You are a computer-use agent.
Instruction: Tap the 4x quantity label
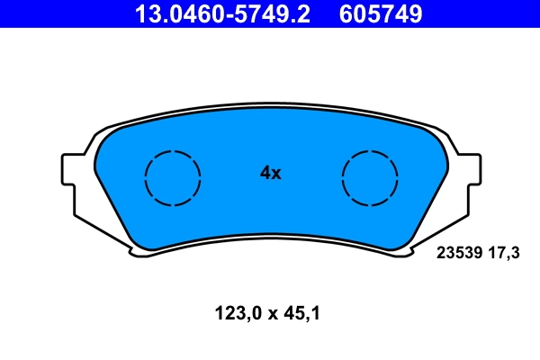270,173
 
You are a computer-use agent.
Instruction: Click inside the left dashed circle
173,176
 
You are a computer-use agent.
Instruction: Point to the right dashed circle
370,176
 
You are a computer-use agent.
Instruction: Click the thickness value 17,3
503,254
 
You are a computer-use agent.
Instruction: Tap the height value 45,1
302,314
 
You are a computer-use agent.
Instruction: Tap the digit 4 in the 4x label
265,173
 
